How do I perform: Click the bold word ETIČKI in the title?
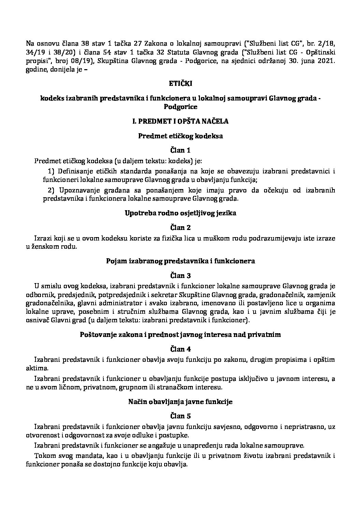[180, 83]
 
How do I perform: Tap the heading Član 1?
[180, 150]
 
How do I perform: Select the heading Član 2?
[180, 227]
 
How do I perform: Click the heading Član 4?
[180, 349]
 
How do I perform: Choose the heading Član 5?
[180, 416]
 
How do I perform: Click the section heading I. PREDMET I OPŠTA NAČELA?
[180, 121]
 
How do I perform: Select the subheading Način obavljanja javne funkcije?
[180, 402]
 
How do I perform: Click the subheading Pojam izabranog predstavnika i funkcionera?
[180, 261]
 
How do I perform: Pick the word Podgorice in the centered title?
[180, 107]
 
